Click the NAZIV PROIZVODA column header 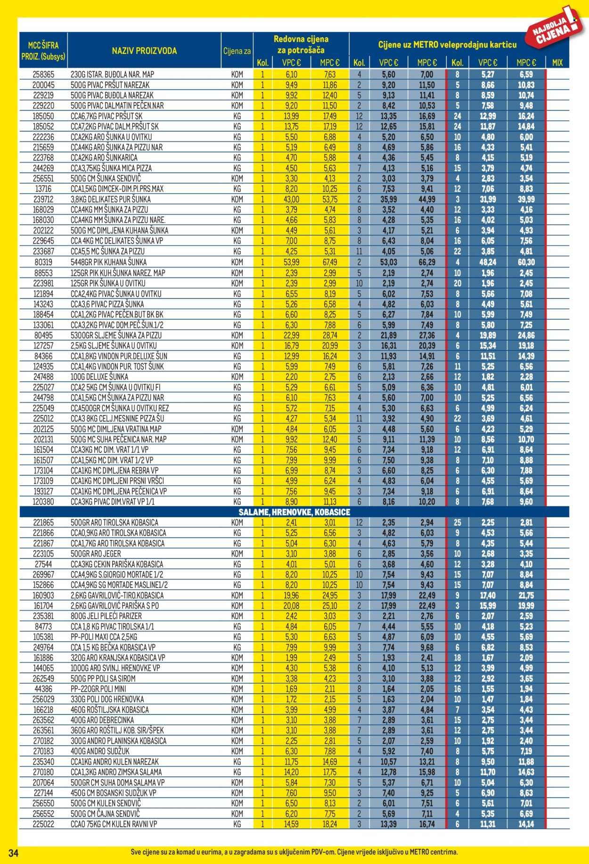[144, 51]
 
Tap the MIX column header [557, 63]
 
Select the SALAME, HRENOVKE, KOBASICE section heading [294, 512]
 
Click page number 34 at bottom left [13, 852]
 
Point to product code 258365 [43, 74]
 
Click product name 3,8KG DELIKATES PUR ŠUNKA [110, 199]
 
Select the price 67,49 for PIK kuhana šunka [330, 262]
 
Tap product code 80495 [43, 335]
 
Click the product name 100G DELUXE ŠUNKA [99, 377]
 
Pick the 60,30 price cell [525, 262]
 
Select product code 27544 [43, 564]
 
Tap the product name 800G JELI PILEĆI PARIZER [106, 616]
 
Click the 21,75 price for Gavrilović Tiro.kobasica [525, 595]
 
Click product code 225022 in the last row [43, 824]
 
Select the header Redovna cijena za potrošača [301, 44]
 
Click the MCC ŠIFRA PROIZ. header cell [43, 51]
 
